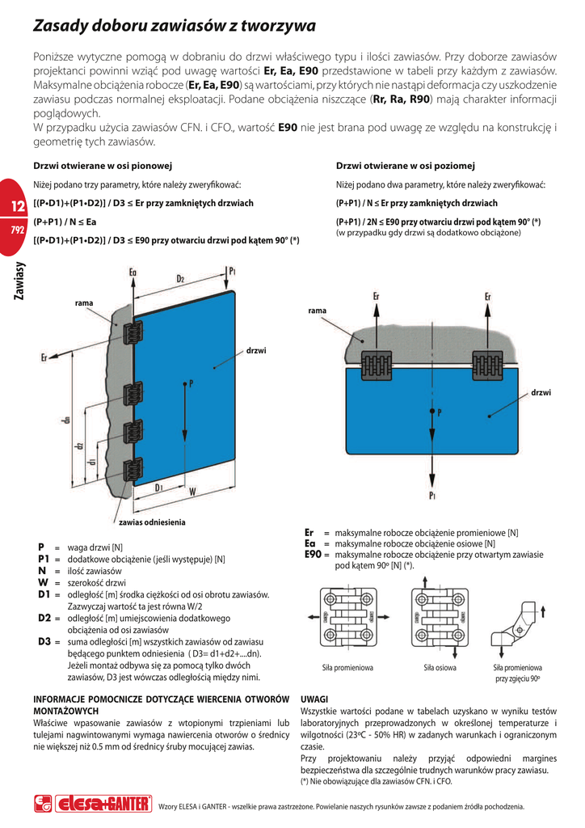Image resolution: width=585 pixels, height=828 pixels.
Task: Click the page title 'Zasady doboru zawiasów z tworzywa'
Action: point(174,27)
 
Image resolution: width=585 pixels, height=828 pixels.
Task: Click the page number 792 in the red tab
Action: point(17,230)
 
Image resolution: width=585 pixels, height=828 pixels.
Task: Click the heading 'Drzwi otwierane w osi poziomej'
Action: point(405,166)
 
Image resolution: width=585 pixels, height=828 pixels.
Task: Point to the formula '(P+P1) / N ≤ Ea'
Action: point(65,222)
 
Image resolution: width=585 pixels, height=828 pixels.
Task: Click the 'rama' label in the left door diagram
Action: point(84,302)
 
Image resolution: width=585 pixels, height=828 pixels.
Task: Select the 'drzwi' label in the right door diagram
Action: point(541,392)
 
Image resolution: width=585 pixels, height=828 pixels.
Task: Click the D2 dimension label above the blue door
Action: point(180,279)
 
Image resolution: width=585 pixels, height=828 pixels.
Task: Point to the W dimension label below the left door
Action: point(191,490)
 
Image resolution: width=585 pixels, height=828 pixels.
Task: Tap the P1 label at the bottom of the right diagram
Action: point(434,495)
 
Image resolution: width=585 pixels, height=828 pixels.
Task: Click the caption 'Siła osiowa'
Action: point(440,668)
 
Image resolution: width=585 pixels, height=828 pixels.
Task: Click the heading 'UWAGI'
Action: point(314,698)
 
